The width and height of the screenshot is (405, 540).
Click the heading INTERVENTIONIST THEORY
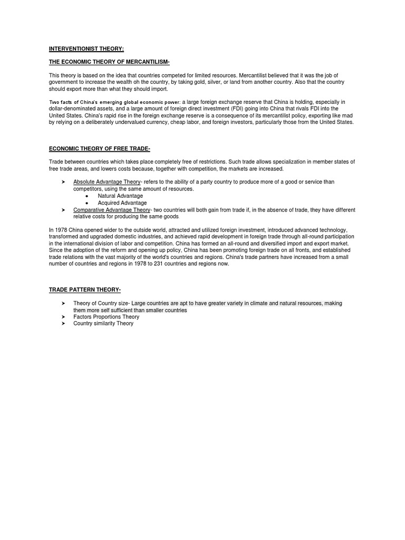(x=86, y=49)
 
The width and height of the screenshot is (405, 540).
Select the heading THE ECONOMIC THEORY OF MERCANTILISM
(x=109, y=62)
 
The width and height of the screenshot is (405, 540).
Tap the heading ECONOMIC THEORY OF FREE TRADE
(x=100, y=149)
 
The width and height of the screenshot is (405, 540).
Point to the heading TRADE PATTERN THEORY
(x=85, y=290)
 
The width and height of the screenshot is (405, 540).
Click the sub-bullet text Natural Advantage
(x=120, y=196)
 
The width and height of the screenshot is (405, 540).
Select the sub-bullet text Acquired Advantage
(x=122, y=203)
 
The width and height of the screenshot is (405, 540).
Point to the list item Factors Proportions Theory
(x=106, y=317)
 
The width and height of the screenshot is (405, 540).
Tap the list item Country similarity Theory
(x=103, y=324)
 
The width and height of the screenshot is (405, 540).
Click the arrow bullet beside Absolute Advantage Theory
(x=62, y=182)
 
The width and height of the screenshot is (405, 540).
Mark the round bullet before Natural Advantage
(x=86, y=196)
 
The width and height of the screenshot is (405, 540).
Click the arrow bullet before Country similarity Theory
(x=62, y=324)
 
